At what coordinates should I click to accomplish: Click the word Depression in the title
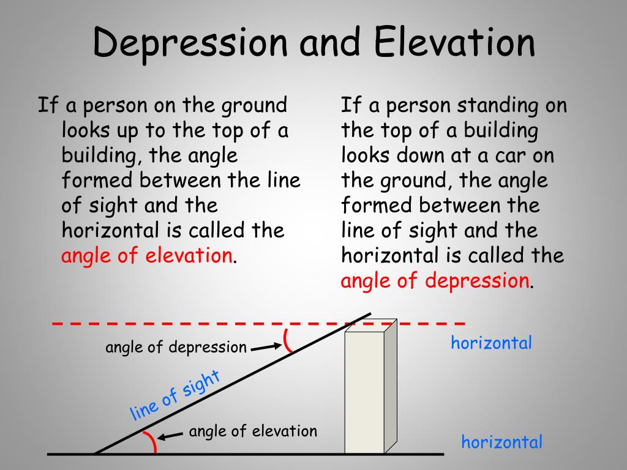pyautogui.click(x=190, y=43)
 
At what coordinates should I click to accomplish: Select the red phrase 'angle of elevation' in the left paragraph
pyautogui.click(x=146, y=256)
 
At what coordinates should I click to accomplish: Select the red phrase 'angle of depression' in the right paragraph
pyautogui.click(x=435, y=281)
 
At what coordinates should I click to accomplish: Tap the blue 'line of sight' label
pyautogui.click(x=175, y=396)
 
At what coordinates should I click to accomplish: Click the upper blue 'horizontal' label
pyautogui.click(x=491, y=343)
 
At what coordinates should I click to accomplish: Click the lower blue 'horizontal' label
pyautogui.click(x=501, y=442)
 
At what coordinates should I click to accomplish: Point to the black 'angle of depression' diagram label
pyautogui.click(x=176, y=348)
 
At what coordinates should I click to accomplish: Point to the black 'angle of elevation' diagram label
pyautogui.click(x=253, y=431)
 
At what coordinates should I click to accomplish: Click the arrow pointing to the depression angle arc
pyautogui.click(x=265, y=347)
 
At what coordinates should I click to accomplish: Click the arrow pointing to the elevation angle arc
pyautogui.click(x=171, y=436)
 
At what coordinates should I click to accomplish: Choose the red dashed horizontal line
pyautogui.click(x=184, y=323)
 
